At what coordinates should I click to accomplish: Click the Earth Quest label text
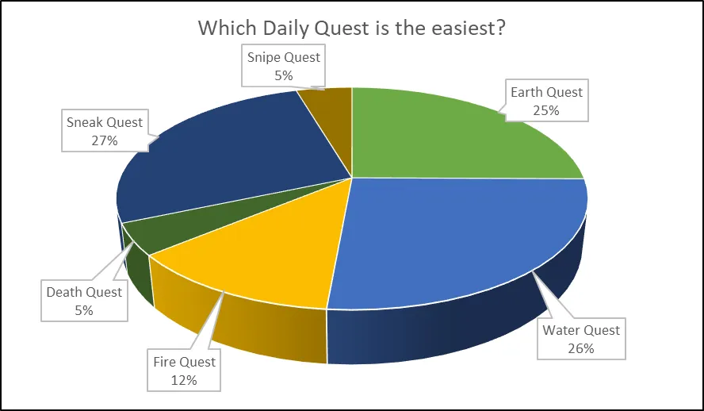pyautogui.click(x=546, y=92)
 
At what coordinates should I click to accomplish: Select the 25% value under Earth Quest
pyautogui.click(x=546, y=110)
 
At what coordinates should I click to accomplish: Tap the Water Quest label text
pyautogui.click(x=581, y=330)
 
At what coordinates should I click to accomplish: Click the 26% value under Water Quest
pyautogui.click(x=581, y=348)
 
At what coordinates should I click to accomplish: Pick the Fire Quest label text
pyautogui.click(x=184, y=362)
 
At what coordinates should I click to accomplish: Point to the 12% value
pyautogui.click(x=184, y=380)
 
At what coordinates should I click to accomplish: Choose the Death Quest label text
pyautogui.click(x=84, y=292)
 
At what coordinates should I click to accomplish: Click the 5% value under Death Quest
pyautogui.click(x=84, y=310)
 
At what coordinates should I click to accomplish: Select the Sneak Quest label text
pyautogui.click(x=105, y=122)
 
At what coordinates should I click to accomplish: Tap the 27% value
pyautogui.click(x=105, y=140)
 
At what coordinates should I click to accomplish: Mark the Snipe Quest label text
pyautogui.click(x=284, y=57)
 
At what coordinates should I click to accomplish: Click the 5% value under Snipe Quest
pyautogui.click(x=284, y=75)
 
